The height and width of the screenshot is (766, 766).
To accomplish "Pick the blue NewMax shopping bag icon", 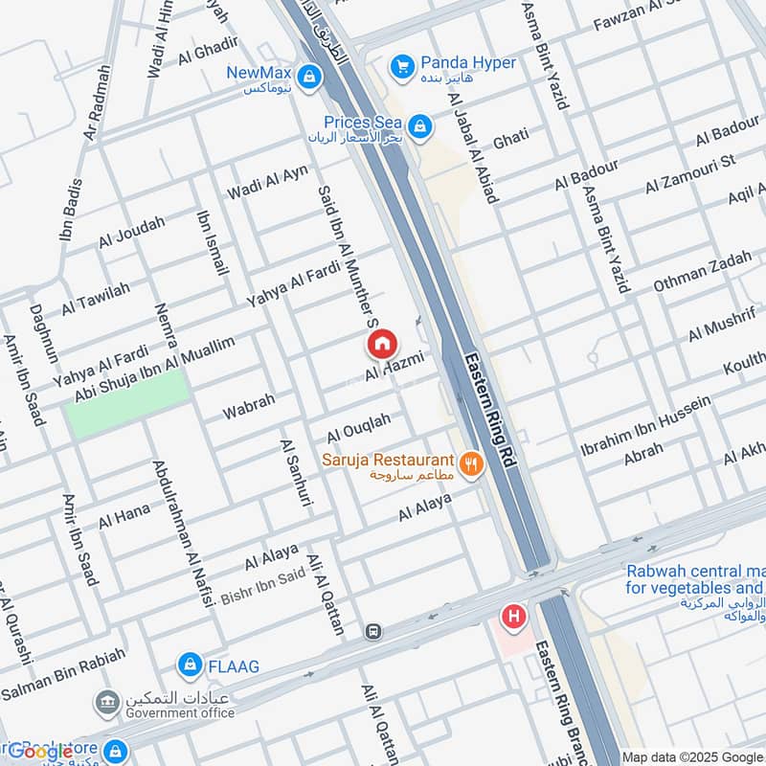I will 308,75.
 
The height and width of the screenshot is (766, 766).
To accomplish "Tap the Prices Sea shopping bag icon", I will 418,125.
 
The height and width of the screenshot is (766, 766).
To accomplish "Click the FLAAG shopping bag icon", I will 191,664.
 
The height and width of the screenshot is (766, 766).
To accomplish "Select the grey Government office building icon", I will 106,703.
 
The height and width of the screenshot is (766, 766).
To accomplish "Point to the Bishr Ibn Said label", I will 262,585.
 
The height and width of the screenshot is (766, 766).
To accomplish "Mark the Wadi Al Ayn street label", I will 267,182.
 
